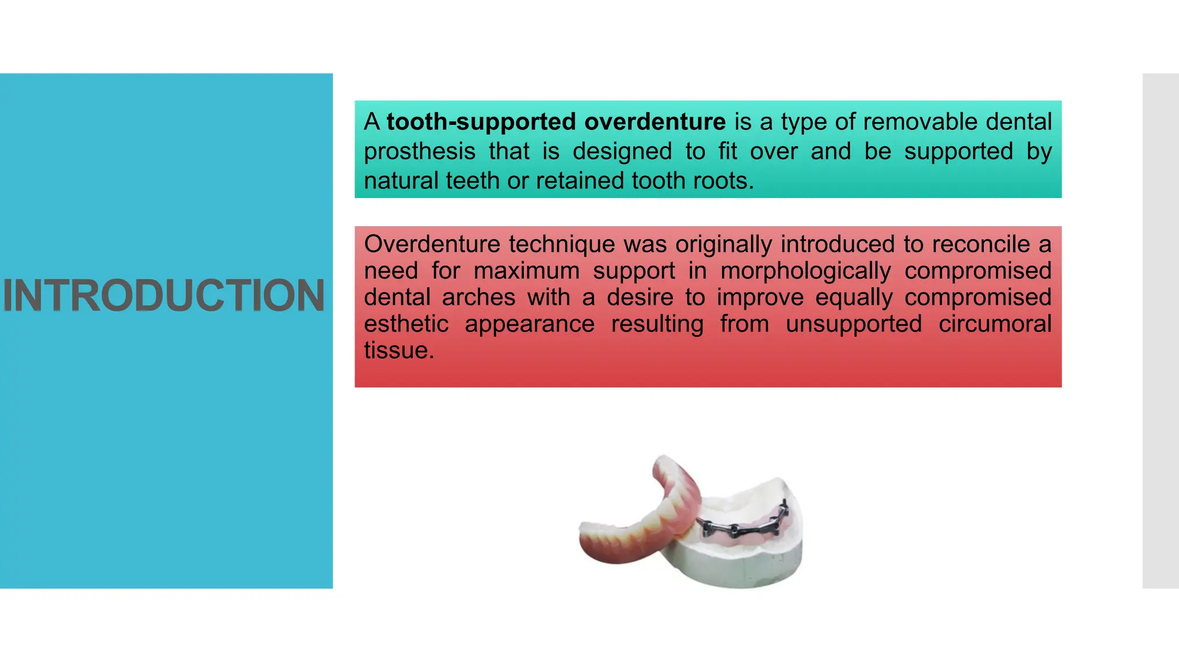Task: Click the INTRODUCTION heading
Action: (x=164, y=296)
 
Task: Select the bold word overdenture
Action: (x=655, y=122)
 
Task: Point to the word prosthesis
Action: (x=420, y=152)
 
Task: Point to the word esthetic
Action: (x=406, y=324)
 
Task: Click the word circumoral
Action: (x=995, y=324)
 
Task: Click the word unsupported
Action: (x=853, y=324)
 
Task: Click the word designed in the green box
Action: (x=622, y=152)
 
